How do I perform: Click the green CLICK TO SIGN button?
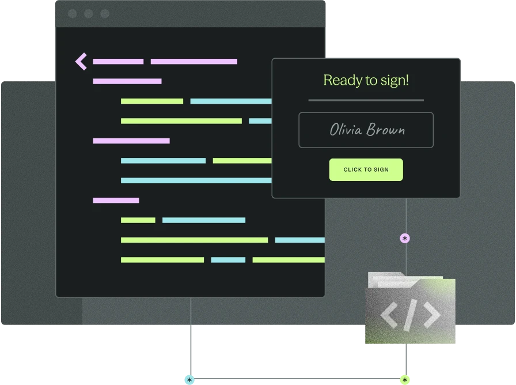(366, 169)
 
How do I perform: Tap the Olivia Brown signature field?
(366, 130)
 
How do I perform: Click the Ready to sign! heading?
(366, 80)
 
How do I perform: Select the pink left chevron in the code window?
(81, 61)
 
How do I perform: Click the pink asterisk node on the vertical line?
(405, 238)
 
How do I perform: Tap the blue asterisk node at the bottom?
(189, 380)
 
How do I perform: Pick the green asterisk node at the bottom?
(405, 380)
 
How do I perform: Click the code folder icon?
(411, 308)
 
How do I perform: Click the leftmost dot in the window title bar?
(73, 13)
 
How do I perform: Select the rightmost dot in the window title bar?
(105, 13)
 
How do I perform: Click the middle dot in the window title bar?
(89, 13)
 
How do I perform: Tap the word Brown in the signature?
(386, 130)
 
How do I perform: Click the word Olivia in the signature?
(346, 130)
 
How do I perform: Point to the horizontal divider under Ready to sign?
(366, 100)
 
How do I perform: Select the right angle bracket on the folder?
(432, 315)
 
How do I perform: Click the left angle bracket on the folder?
(389, 315)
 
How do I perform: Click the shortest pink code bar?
(116, 200)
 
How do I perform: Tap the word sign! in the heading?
(394, 81)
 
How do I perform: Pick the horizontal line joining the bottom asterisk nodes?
(297, 379)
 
